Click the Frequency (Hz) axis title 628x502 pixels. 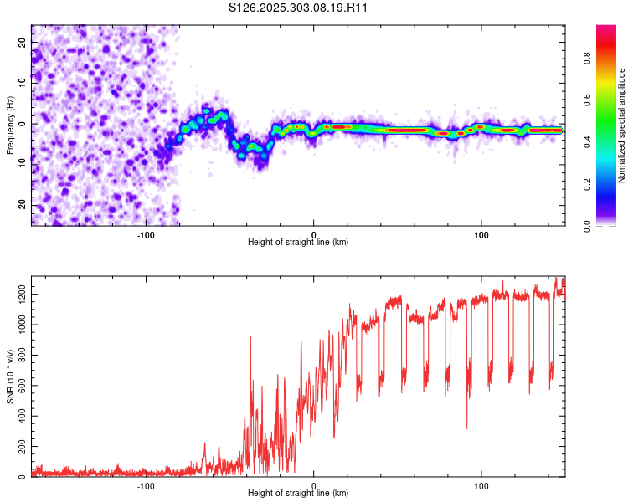pyautogui.click(x=10, y=125)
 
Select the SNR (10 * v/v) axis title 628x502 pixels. pyautogui.click(x=10, y=376)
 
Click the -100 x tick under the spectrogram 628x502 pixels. pyautogui.click(x=146, y=233)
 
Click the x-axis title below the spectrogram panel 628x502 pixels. pyautogui.click(x=298, y=242)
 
